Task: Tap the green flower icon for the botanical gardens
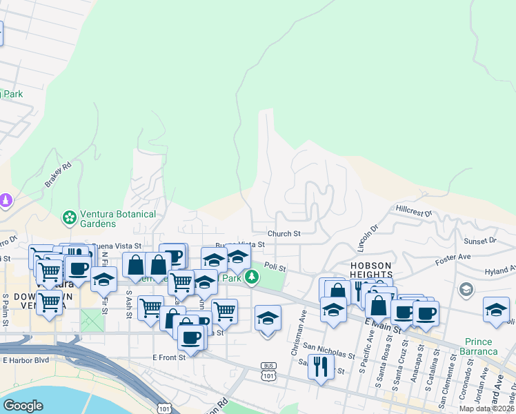tap(70, 219)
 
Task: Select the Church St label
tap(284, 234)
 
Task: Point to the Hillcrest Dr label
tap(413, 208)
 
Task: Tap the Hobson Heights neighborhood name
tap(371, 270)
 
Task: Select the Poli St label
tap(275, 266)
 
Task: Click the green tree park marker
tap(252, 277)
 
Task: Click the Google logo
tap(23, 406)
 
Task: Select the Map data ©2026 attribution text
tap(486, 408)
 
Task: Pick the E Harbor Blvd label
tap(26, 359)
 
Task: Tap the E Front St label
tap(169, 357)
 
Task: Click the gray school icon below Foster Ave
tap(466, 288)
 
